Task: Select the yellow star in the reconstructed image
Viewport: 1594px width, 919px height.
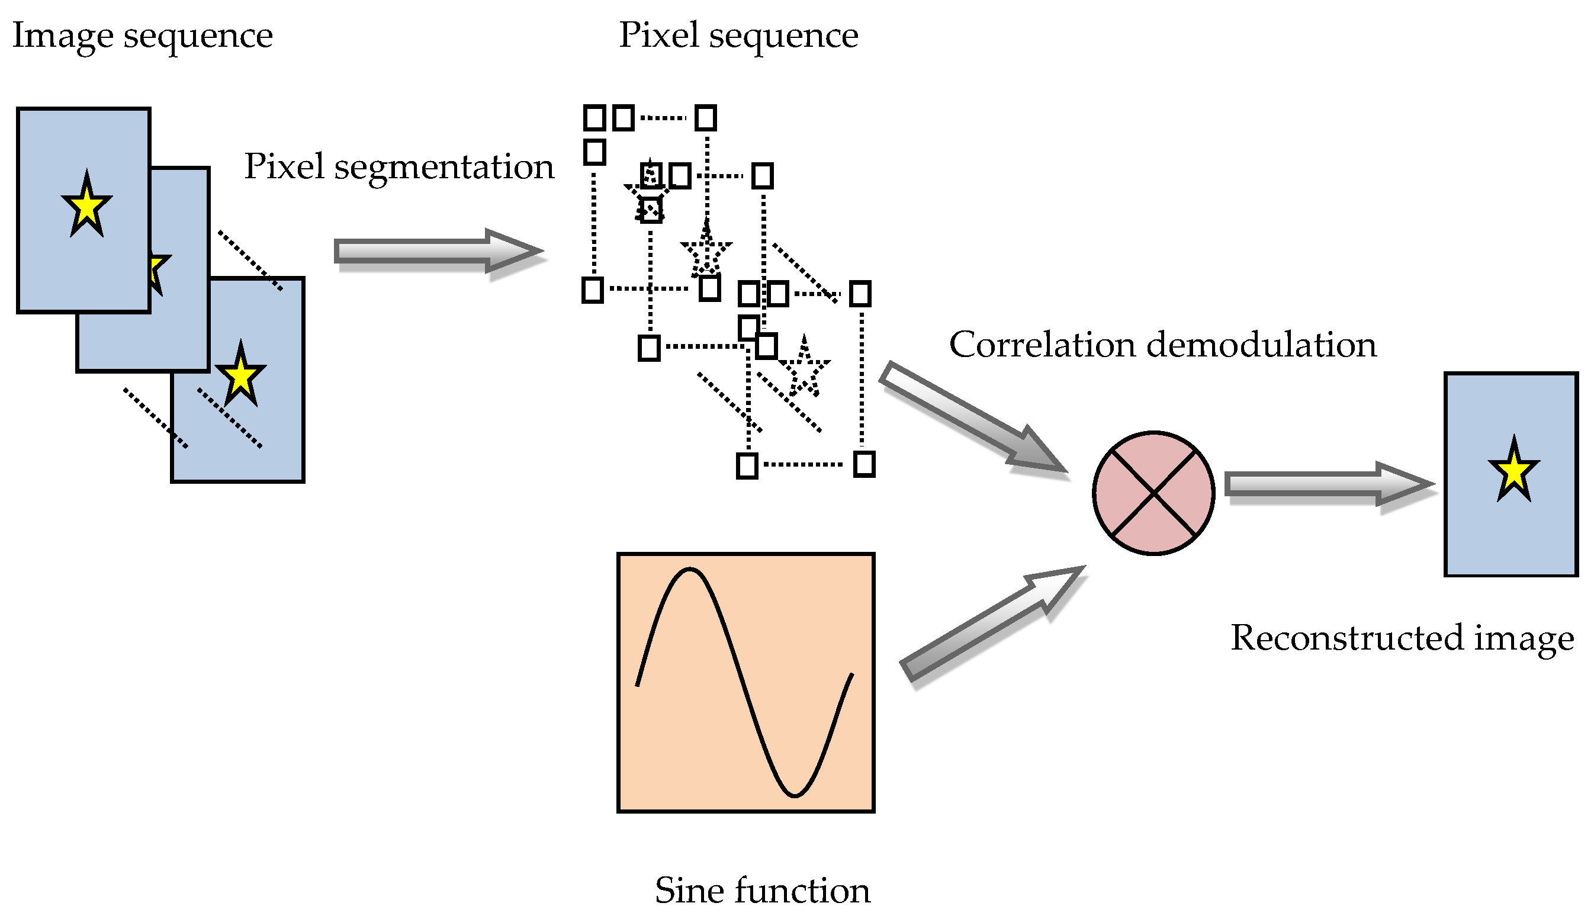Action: pos(1513,471)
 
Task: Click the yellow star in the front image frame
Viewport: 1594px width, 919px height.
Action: pos(86,205)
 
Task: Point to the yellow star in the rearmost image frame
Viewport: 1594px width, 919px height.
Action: pos(240,376)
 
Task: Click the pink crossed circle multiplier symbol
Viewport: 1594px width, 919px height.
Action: pos(1153,493)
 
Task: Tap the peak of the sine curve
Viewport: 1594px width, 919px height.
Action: pos(690,570)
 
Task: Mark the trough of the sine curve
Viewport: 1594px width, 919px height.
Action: pos(795,794)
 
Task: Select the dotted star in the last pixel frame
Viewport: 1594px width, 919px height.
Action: pos(804,368)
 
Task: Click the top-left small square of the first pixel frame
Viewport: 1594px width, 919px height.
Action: pos(594,117)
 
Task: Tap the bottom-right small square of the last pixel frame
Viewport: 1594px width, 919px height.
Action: pos(863,464)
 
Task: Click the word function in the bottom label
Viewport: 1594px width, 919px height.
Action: pos(801,891)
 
